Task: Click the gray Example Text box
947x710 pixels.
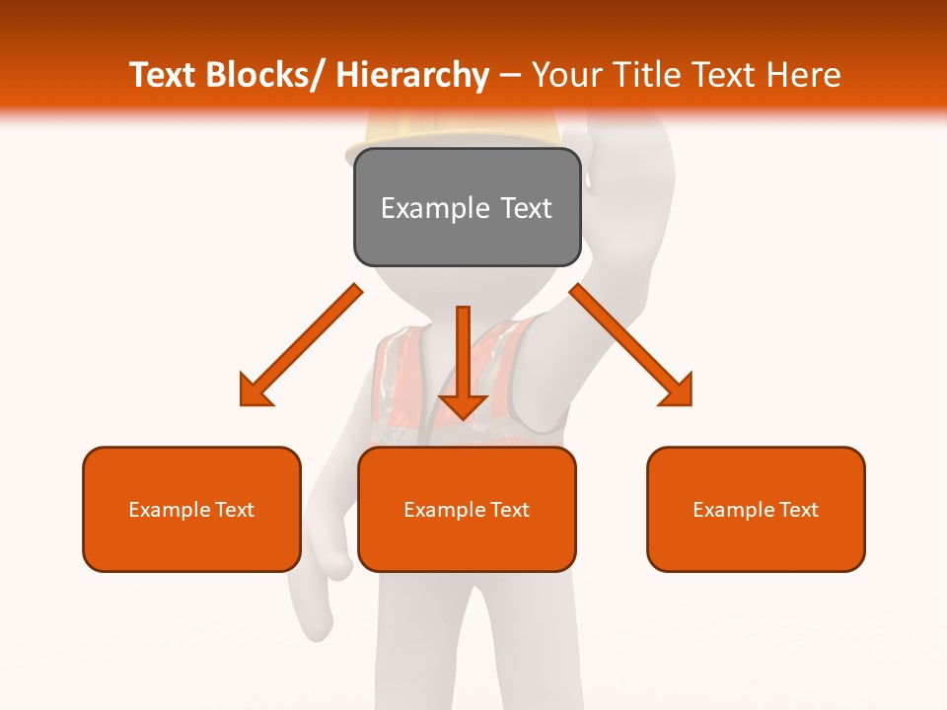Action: click(467, 207)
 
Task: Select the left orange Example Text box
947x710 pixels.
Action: click(191, 509)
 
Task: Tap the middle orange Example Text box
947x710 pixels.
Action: click(467, 509)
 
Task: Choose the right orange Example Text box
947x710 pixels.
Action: click(756, 509)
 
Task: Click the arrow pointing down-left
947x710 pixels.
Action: click(301, 345)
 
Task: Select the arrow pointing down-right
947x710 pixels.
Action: click(631, 345)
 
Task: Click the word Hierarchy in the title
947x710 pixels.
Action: click(412, 75)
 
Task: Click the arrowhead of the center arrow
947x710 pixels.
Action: click(463, 404)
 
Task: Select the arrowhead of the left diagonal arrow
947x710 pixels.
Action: click(255, 391)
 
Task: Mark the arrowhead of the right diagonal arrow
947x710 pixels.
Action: click(677, 390)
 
